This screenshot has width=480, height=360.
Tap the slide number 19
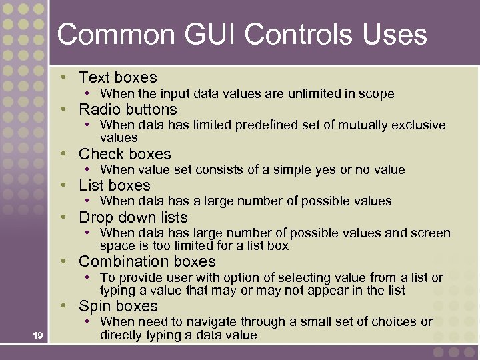click(x=38, y=335)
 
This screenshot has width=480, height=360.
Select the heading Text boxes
click(x=117, y=78)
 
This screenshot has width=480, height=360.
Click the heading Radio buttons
click(x=127, y=109)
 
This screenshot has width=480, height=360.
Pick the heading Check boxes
click(x=125, y=154)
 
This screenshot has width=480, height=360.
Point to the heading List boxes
click(x=114, y=185)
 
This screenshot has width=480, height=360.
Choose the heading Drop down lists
click(x=133, y=217)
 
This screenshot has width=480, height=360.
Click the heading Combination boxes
click(x=147, y=261)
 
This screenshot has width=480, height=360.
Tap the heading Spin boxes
click(x=118, y=306)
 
